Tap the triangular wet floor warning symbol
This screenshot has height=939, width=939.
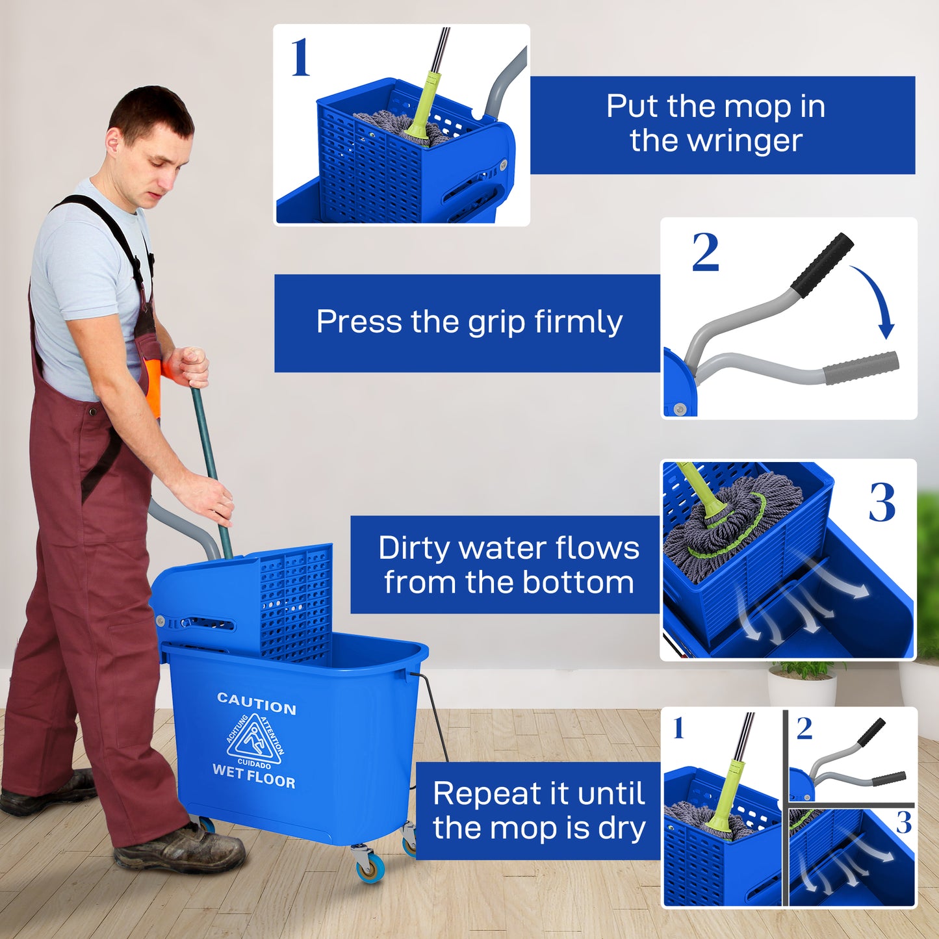[254, 740]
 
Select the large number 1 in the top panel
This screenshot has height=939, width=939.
[300, 58]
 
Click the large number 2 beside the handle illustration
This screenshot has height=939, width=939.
[705, 252]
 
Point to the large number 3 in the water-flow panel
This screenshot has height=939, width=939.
[882, 502]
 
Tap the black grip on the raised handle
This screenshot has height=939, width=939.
[822, 265]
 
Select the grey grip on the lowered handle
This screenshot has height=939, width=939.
[861, 368]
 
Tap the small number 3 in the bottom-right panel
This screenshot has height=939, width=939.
[903, 823]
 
